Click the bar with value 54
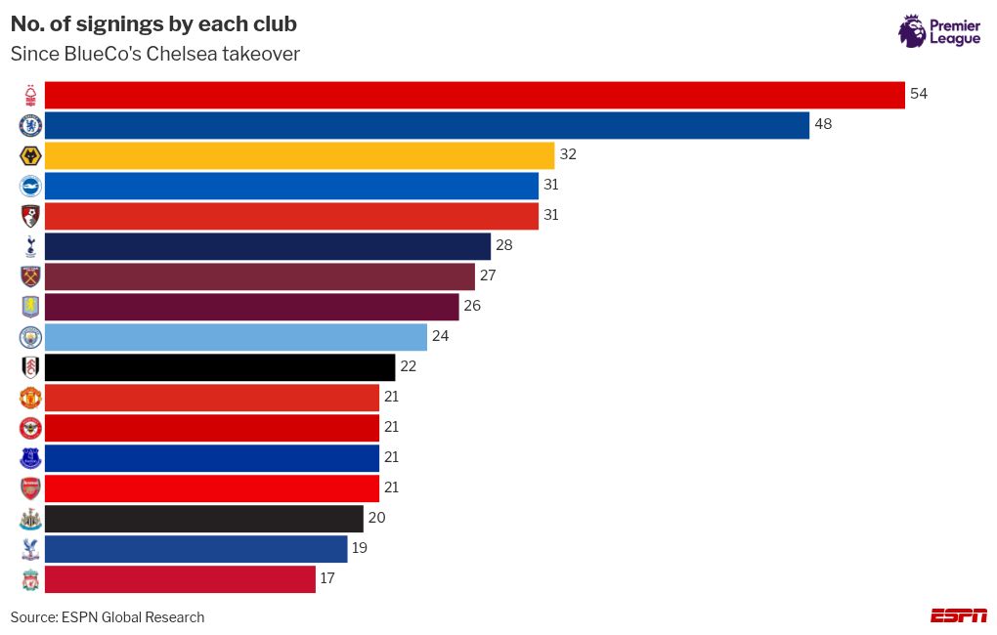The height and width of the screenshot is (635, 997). (x=474, y=95)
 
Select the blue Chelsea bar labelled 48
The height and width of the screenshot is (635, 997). (x=426, y=125)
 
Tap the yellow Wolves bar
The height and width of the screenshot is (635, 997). (x=299, y=155)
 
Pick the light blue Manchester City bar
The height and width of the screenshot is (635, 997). (x=236, y=337)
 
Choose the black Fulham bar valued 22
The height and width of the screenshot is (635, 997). (x=220, y=367)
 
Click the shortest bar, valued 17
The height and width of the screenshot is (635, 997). (x=180, y=579)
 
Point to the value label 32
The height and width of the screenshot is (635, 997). (x=567, y=154)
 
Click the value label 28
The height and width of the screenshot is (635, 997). (x=503, y=245)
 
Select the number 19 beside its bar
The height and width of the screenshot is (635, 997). (x=360, y=548)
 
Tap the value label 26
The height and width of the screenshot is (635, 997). (x=471, y=306)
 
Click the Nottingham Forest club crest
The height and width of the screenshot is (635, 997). (x=31, y=95)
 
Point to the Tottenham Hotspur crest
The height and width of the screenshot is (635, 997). (x=31, y=246)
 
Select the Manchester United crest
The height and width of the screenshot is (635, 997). (x=31, y=398)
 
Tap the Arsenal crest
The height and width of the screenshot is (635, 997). (x=31, y=487)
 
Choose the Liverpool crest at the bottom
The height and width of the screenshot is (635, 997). (x=31, y=579)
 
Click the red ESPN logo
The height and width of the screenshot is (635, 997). (x=958, y=615)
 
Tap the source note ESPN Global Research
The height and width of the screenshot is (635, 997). (x=133, y=617)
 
